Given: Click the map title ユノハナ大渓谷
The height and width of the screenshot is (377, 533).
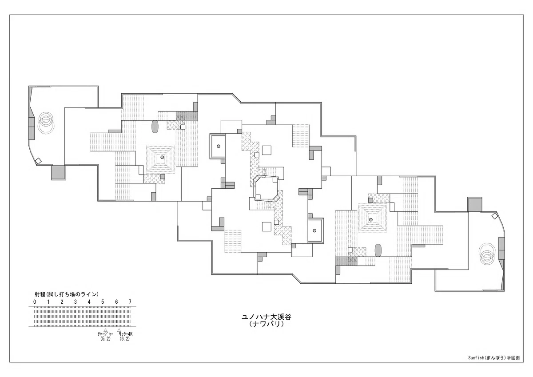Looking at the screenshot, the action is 266,317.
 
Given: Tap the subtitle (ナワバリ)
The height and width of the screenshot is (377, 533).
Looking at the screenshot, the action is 266,324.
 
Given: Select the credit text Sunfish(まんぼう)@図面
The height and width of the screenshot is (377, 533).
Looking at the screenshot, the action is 494,364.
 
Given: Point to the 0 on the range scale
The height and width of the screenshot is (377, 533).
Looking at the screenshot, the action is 35,302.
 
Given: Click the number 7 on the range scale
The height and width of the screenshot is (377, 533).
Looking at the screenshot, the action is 130,302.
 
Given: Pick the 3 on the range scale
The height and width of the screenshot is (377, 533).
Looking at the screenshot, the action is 76,302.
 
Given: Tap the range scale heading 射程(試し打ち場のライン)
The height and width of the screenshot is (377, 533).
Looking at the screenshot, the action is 67,294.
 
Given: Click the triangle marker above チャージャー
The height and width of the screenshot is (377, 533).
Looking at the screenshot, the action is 105,330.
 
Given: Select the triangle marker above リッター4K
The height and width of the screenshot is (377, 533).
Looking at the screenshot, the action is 119,330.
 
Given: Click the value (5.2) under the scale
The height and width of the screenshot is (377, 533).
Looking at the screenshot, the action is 105,339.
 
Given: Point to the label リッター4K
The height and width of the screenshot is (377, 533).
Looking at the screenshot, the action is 125,334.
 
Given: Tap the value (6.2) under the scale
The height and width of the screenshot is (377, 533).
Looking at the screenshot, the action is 125,339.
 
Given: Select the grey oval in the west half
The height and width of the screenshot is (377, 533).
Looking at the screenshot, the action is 155,127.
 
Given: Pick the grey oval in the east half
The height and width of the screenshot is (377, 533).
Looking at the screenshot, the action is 378,250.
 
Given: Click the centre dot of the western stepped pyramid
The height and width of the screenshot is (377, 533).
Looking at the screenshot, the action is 162,157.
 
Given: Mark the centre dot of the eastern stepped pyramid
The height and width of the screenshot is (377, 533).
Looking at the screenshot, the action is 371,219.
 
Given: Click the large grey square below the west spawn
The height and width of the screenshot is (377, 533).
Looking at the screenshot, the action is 59,173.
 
